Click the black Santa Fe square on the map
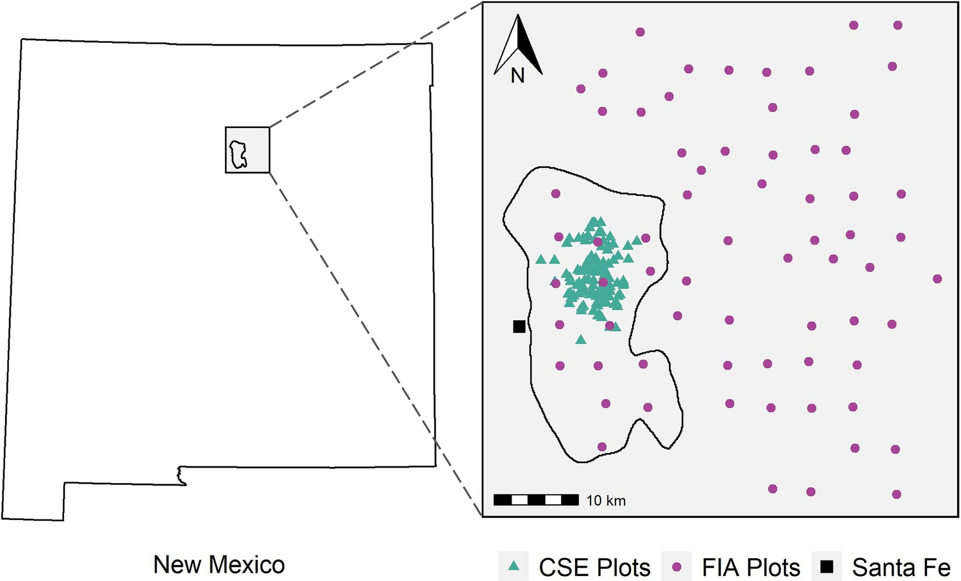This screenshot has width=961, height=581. [x=519, y=327]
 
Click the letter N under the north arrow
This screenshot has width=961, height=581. [x=518, y=76]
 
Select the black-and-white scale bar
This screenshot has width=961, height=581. [x=536, y=500]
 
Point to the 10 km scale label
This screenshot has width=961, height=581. [x=606, y=500]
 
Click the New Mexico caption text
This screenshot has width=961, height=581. [x=219, y=564]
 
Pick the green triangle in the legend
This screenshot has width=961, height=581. [x=514, y=566]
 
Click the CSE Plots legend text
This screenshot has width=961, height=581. [x=594, y=568]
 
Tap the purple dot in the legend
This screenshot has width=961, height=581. [x=676, y=567]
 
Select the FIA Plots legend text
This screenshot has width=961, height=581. [x=751, y=568]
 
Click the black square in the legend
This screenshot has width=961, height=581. [x=828, y=566]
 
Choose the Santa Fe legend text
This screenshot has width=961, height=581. [x=901, y=568]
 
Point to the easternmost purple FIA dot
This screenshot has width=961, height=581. [x=937, y=279]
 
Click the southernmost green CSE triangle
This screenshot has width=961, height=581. [x=580, y=340]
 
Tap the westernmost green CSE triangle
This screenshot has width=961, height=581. [x=541, y=259]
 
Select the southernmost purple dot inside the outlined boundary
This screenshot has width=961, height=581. [x=601, y=446]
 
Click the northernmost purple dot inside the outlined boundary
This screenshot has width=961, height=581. [x=556, y=193]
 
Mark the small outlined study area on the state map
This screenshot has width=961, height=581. [x=238, y=155]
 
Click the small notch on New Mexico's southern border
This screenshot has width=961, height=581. [x=181, y=475]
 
